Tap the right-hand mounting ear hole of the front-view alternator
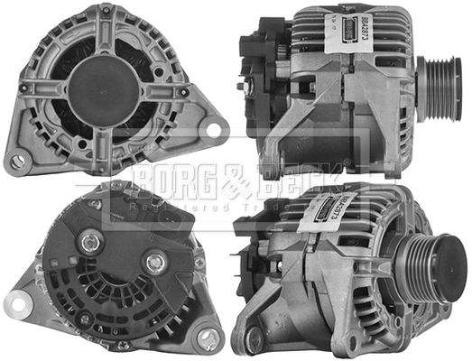point(214,129)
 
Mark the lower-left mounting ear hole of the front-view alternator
point(17,162)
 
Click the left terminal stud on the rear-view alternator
point(89,241)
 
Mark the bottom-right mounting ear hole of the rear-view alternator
point(207,338)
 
